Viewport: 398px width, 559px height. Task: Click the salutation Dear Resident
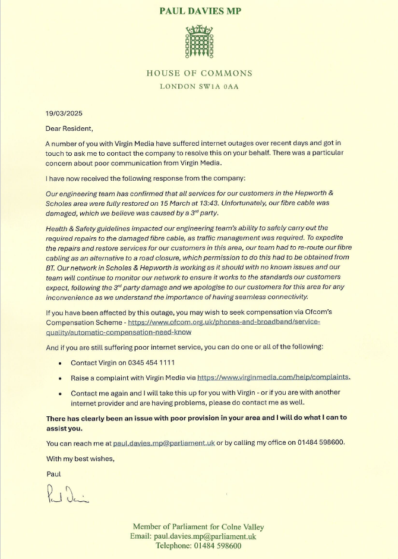(x=70, y=128)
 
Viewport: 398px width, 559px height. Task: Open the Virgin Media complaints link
(x=273, y=377)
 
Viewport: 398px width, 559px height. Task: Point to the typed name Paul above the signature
(x=53, y=474)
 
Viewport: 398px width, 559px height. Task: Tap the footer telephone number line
(x=198, y=546)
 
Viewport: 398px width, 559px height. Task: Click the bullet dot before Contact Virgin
(x=61, y=363)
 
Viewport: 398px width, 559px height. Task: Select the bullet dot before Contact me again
(x=61, y=394)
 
